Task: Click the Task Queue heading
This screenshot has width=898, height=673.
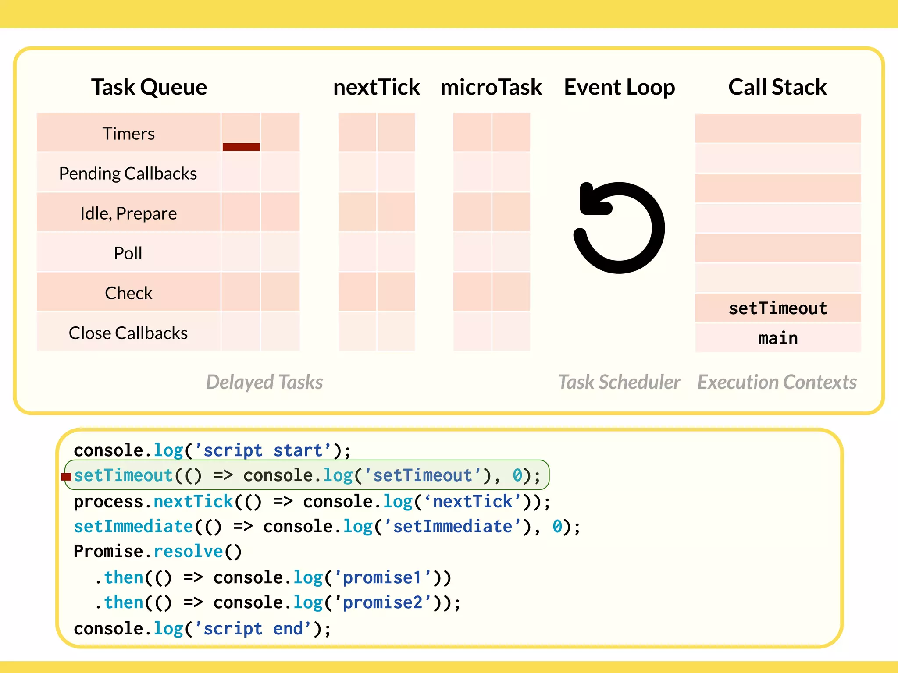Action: [149, 87]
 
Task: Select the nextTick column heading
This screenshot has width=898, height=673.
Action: [376, 87]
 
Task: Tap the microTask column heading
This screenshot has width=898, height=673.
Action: [491, 87]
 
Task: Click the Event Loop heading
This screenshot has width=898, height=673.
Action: [619, 87]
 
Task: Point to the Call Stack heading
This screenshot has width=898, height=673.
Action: [777, 87]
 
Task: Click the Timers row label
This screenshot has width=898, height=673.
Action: [128, 133]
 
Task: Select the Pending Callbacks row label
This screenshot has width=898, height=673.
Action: [128, 174]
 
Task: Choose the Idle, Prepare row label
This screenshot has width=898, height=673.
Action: [128, 213]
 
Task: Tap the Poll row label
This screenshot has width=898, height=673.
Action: [128, 253]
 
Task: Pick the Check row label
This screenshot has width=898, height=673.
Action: [128, 293]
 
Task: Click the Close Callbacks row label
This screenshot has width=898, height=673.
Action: [128, 333]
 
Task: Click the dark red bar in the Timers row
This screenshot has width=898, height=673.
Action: [241, 147]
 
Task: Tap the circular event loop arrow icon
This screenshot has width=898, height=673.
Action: [619, 228]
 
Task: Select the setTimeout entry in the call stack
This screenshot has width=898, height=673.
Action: [778, 308]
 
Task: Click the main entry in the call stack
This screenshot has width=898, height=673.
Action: [778, 338]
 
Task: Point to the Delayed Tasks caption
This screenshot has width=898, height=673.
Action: [264, 382]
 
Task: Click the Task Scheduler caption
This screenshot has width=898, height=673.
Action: [619, 382]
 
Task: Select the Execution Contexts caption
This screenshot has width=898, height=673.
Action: [777, 382]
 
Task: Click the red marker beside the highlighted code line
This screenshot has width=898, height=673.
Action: [66, 476]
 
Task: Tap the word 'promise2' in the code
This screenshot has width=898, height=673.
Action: [382, 603]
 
